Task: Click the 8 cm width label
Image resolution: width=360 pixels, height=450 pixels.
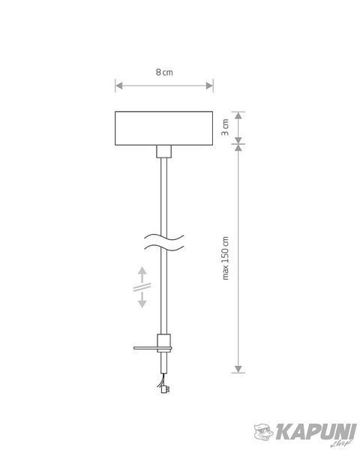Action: pyautogui.click(x=164, y=72)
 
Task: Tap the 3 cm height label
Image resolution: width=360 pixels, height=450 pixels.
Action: pyautogui.click(x=225, y=127)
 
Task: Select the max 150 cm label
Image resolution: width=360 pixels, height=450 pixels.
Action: pyautogui.click(x=226, y=258)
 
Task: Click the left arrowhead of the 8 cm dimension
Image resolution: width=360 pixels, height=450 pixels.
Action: pyautogui.click(x=118, y=85)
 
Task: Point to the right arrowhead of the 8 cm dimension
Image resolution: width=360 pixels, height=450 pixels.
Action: pyautogui.click(x=209, y=85)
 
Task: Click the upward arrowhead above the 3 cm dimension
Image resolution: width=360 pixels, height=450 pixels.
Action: pyautogui.click(x=238, y=115)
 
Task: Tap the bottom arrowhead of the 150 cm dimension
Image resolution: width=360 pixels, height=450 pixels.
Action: pyautogui.click(x=238, y=369)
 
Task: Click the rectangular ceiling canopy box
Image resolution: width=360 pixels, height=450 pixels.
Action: pyautogui.click(x=164, y=128)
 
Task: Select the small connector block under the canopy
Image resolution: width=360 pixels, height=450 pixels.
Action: pyautogui.click(x=164, y=151)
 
